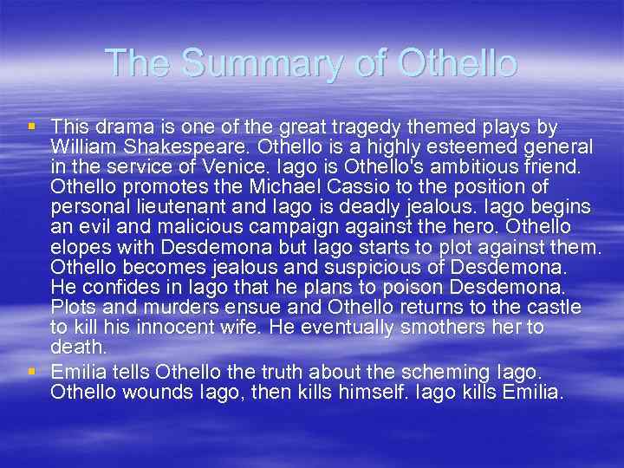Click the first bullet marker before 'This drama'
tap(32, 127)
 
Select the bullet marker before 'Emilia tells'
tap(32, 371)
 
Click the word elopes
tap(77, 248)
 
